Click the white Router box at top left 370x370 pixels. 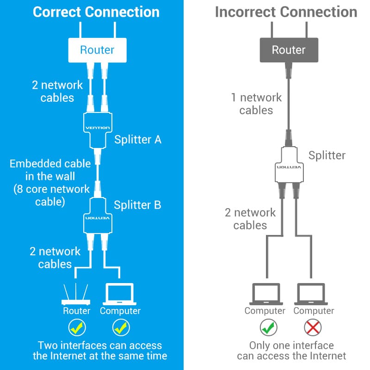coord(97,50)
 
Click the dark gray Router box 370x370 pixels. coord(289,50)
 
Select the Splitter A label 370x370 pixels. coord(137,139)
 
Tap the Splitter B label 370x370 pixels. coord(137,205)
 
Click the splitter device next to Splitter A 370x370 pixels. coord(97,129)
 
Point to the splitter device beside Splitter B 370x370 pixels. coord(97,216)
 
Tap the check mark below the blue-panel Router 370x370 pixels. coord(76,328)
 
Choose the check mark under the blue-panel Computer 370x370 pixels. coord(120,328)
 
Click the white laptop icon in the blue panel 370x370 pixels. coord(120,293)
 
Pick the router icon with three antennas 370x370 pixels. coord(76,295)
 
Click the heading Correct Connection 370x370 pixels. coord(96,12)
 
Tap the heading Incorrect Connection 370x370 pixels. coord(286,12)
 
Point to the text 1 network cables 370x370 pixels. coord(256,104)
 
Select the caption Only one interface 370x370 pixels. coord(291,345)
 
